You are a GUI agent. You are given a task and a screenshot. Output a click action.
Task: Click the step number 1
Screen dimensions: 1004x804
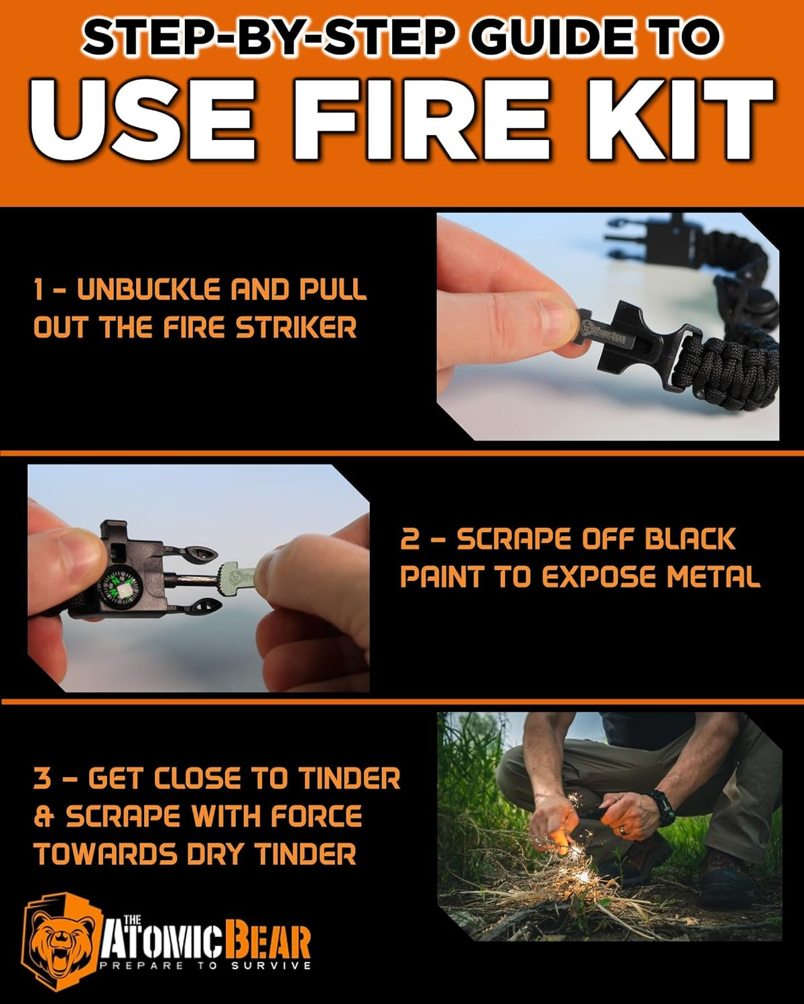pos(40,290)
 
